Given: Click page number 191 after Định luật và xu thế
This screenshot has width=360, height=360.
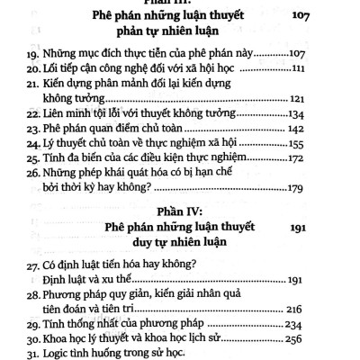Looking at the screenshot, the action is click(317, 291).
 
